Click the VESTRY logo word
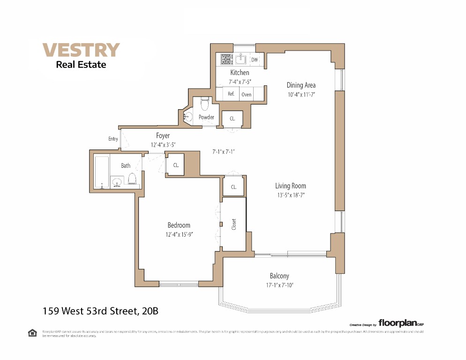(81, 50)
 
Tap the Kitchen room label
(240, 73)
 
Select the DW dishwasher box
(255, 60)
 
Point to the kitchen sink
(241, 59)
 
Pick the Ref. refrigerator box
(231, 94)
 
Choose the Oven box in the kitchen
(247, 94)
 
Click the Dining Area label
(301, 85)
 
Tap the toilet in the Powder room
(204, 103)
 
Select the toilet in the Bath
(132, 179)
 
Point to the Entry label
(113, 139)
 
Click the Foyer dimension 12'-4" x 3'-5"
(163, 145)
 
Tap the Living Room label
(291, 186)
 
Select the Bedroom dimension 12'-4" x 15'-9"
(179, 234)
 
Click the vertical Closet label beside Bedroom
(234, 224)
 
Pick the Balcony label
(279, 276)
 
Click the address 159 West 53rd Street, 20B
(104, 310)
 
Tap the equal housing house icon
(32, 333)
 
